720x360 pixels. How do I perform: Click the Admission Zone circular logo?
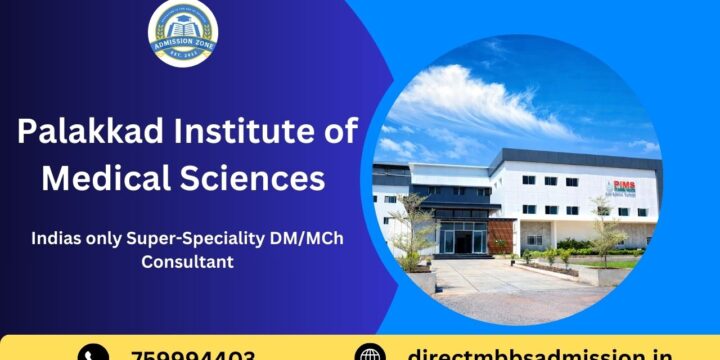182,33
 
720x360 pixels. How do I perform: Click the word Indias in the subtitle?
56,239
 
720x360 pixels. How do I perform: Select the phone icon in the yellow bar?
93,354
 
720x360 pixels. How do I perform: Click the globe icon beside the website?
370,354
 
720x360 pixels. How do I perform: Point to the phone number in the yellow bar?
193,354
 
